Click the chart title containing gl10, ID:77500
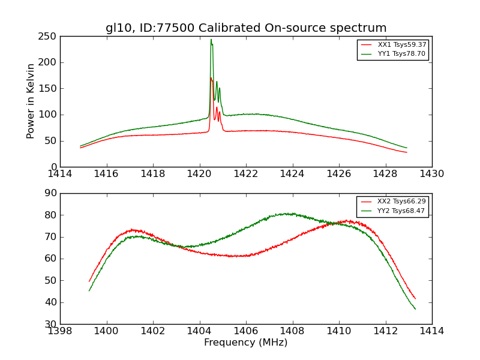coord(246,28)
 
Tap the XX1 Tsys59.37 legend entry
coord(401,44)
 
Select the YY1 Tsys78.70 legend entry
coord(401,53)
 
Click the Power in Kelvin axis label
coord(31,101)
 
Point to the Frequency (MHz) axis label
coord(246,343)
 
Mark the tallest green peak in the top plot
coord(211,40)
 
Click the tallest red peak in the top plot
coord(211,78)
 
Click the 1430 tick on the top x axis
coord(431,173)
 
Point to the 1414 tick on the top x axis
coord(61,173)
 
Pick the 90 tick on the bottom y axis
coord(50,193)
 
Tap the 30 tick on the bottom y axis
coord(50,324)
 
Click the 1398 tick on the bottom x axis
coord(61,331)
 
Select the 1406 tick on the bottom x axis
coord(246,331)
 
